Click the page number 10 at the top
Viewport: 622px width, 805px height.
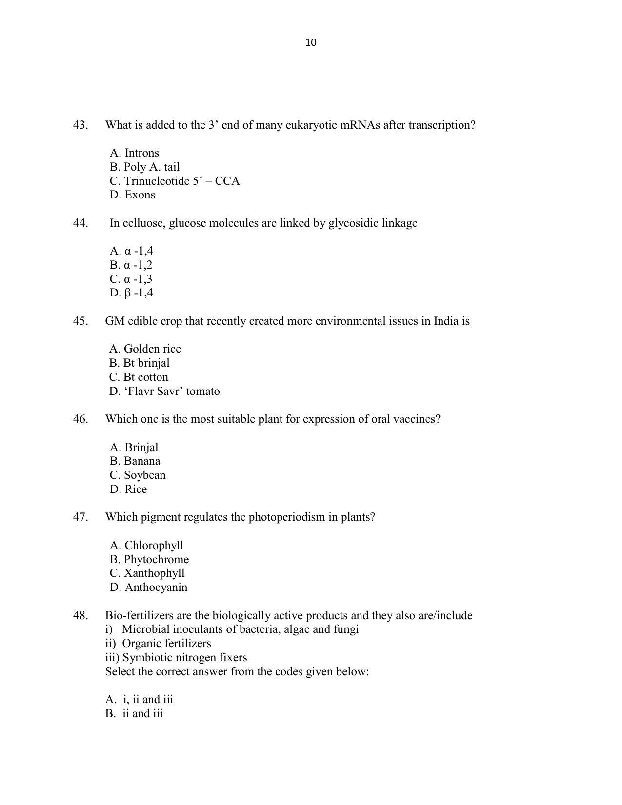point(311,43)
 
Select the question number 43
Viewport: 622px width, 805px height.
point(80,125)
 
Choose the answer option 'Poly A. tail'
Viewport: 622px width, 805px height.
point(145,167)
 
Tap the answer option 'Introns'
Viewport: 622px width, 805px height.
point(135,153)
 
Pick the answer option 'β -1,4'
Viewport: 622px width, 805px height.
point(132,293)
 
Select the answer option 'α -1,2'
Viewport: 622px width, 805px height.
point(131,265)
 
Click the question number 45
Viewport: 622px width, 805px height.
point(80,321)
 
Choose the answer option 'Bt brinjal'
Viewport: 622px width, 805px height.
point(140,363)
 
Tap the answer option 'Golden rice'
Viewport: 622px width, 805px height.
point(145,349)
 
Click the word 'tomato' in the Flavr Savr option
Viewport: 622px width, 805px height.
point(203,392)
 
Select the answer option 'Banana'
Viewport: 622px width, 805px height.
point(135,461)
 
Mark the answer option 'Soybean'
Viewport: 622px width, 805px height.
point(138,475)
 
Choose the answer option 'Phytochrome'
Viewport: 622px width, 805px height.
point(149,560)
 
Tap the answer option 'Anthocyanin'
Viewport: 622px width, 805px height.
point(149,588)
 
